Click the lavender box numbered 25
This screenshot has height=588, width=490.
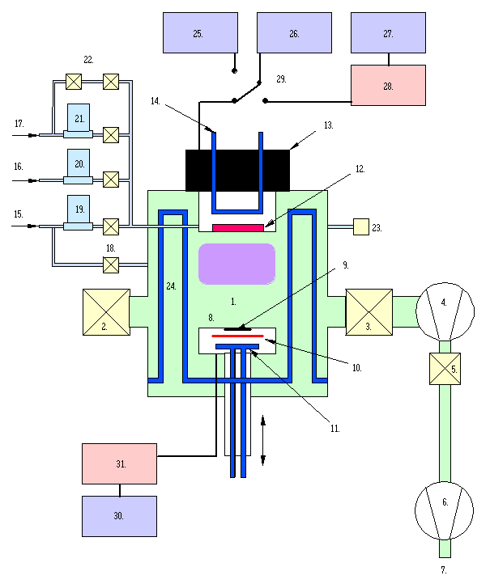point(200,33)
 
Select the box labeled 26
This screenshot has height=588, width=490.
point(294,33)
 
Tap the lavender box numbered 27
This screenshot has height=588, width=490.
point(388,33)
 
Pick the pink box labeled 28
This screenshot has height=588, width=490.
point(388,85)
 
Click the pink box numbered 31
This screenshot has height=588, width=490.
point(119,463)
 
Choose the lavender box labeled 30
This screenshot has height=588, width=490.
point(119,516)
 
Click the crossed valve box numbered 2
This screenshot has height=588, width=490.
point(106,312)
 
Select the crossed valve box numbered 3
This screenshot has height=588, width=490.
point(369,312)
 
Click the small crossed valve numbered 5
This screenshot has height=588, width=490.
point(444,369)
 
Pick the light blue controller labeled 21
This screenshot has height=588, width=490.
point(79,118)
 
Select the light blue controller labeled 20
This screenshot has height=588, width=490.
point(79,163)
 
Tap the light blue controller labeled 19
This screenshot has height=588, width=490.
point(79,209)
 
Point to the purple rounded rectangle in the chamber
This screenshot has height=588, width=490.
point(236,264)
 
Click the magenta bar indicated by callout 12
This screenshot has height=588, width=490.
point(238,228)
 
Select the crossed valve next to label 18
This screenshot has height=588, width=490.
point(111,264)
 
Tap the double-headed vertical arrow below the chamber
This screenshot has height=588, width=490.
point(263,440)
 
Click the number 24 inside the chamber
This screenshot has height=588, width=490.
point(171,286)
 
